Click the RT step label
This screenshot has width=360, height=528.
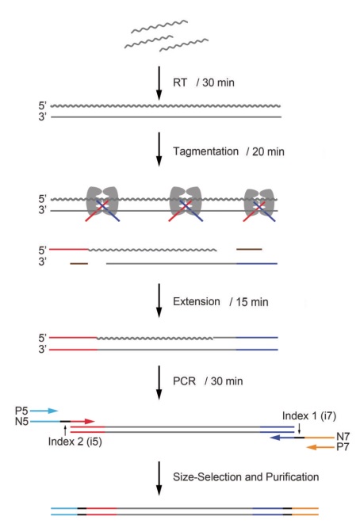tap(180, 82)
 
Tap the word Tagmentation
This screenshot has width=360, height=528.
tap(205, 151)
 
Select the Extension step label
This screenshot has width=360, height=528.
tap(197, 301)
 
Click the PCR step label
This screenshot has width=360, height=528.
tap(184, 381)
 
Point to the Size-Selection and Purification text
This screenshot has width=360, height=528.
tap(246, 476)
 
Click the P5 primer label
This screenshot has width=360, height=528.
tap(21, 411)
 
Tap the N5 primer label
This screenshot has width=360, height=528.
tap(22, 422)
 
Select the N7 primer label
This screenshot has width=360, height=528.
tap(343, 437)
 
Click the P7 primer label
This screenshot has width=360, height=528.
tap(343, 447)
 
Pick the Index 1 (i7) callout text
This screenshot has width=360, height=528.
tap(309, 416)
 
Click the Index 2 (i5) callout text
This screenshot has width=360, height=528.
tap(75, 441)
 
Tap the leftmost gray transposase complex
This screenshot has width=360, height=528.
tap(103, 201)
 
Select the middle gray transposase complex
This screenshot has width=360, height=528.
tap(186, 201)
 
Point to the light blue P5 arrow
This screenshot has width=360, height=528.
tap(44, 411)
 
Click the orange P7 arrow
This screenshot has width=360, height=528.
tap(320, 447)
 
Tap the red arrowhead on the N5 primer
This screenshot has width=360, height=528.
tap(90, 421)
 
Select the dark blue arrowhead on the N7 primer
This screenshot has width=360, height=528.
tap(275, 438)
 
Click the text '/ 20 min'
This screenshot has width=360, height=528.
tap(266, 151)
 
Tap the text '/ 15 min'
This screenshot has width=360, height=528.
tap(249, 302)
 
